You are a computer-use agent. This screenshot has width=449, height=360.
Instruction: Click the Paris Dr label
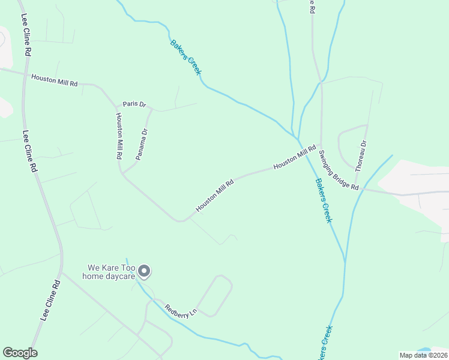134,104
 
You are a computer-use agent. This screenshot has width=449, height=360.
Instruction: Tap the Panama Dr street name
142,144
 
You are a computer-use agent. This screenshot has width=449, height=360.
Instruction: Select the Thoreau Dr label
361,156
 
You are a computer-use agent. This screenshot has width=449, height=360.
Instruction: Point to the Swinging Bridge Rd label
339,170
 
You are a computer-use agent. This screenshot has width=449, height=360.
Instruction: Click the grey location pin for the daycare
144,272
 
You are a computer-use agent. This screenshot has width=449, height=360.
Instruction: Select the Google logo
20,353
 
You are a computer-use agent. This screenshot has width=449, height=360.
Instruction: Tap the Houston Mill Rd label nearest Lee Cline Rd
55,80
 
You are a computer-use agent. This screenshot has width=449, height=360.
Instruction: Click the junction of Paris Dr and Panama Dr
150,110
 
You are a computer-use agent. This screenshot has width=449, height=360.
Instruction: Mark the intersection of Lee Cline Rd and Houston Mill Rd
24,74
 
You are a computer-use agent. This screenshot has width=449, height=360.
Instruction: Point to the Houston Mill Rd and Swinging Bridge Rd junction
321,146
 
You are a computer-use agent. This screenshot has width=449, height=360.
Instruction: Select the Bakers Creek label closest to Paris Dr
185,58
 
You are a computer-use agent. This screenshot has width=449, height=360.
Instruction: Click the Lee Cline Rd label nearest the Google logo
50,300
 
